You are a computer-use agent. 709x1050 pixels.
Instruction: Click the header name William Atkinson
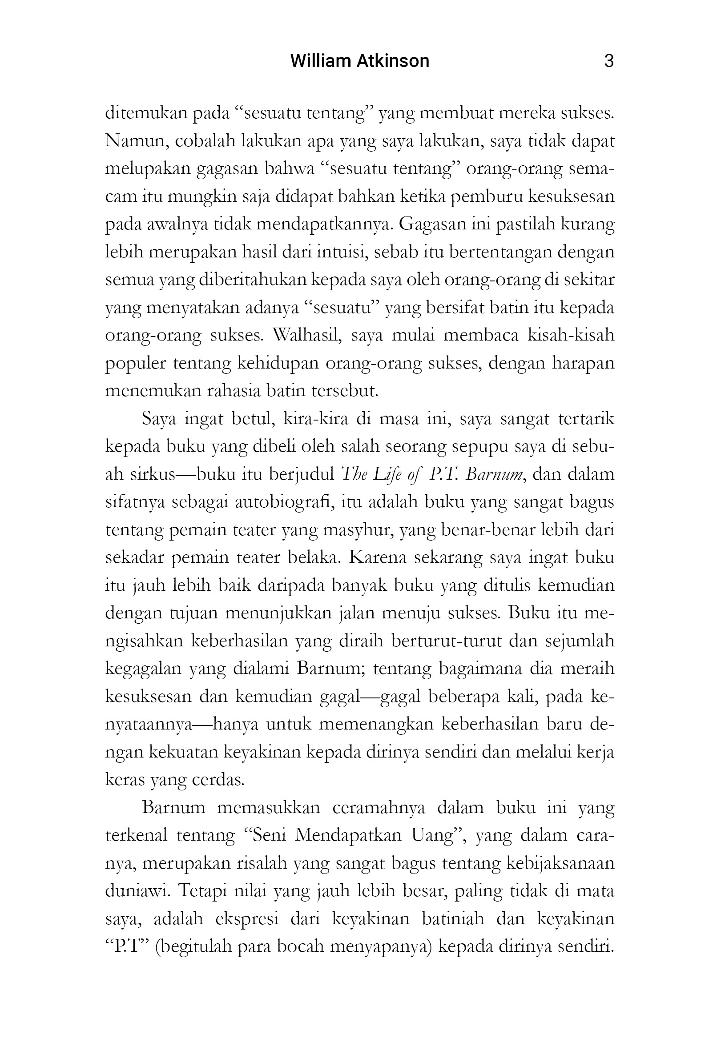point(359,61)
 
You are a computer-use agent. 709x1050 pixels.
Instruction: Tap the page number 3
point(608,61)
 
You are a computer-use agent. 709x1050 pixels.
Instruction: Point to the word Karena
point(377,557)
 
